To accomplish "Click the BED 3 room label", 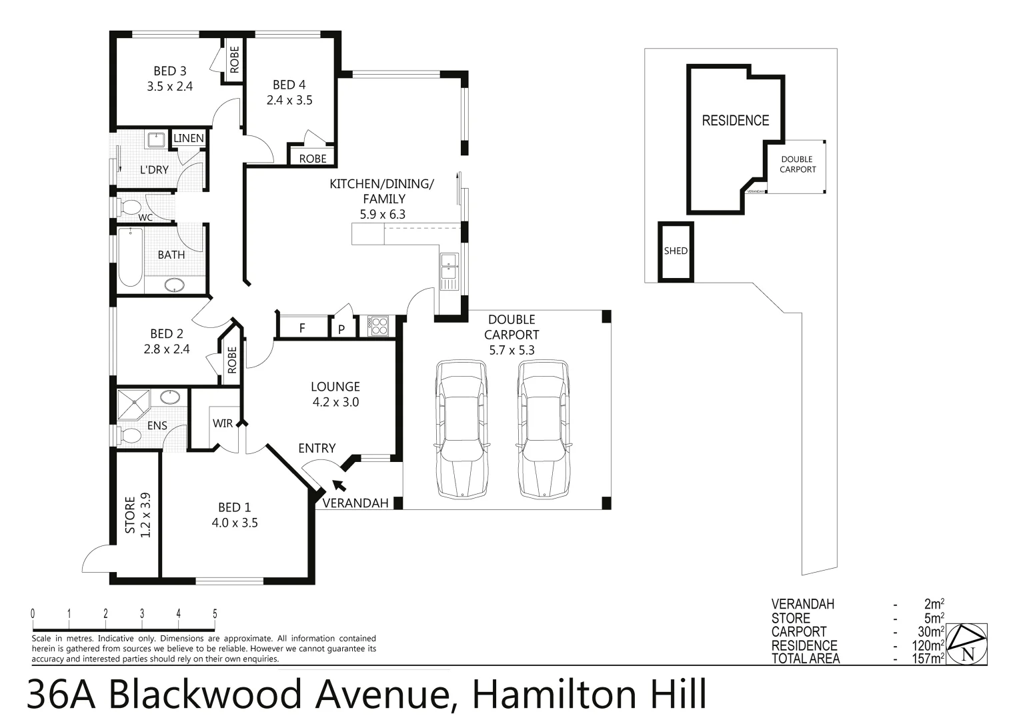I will [169, 71].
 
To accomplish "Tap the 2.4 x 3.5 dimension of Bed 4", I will [289, 101].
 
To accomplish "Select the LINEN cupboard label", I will [189, 138].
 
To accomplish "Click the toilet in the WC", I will [129, 205].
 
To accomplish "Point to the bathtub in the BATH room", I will [130, 257].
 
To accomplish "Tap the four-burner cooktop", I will [378, 327].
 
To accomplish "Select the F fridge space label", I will [302, 328].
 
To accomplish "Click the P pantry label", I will [341, 329].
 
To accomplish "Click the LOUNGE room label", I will [335, 387].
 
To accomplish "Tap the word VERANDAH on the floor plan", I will [355, 503].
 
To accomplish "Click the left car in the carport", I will [461, 429].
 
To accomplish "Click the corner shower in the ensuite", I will [135, 403].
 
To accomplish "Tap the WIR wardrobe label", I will [223, 423].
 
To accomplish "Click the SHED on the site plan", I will [676, 251].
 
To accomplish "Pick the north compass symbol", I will [968, 644].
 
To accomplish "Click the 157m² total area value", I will [927, 659].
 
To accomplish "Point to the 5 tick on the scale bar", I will [215, 614].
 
